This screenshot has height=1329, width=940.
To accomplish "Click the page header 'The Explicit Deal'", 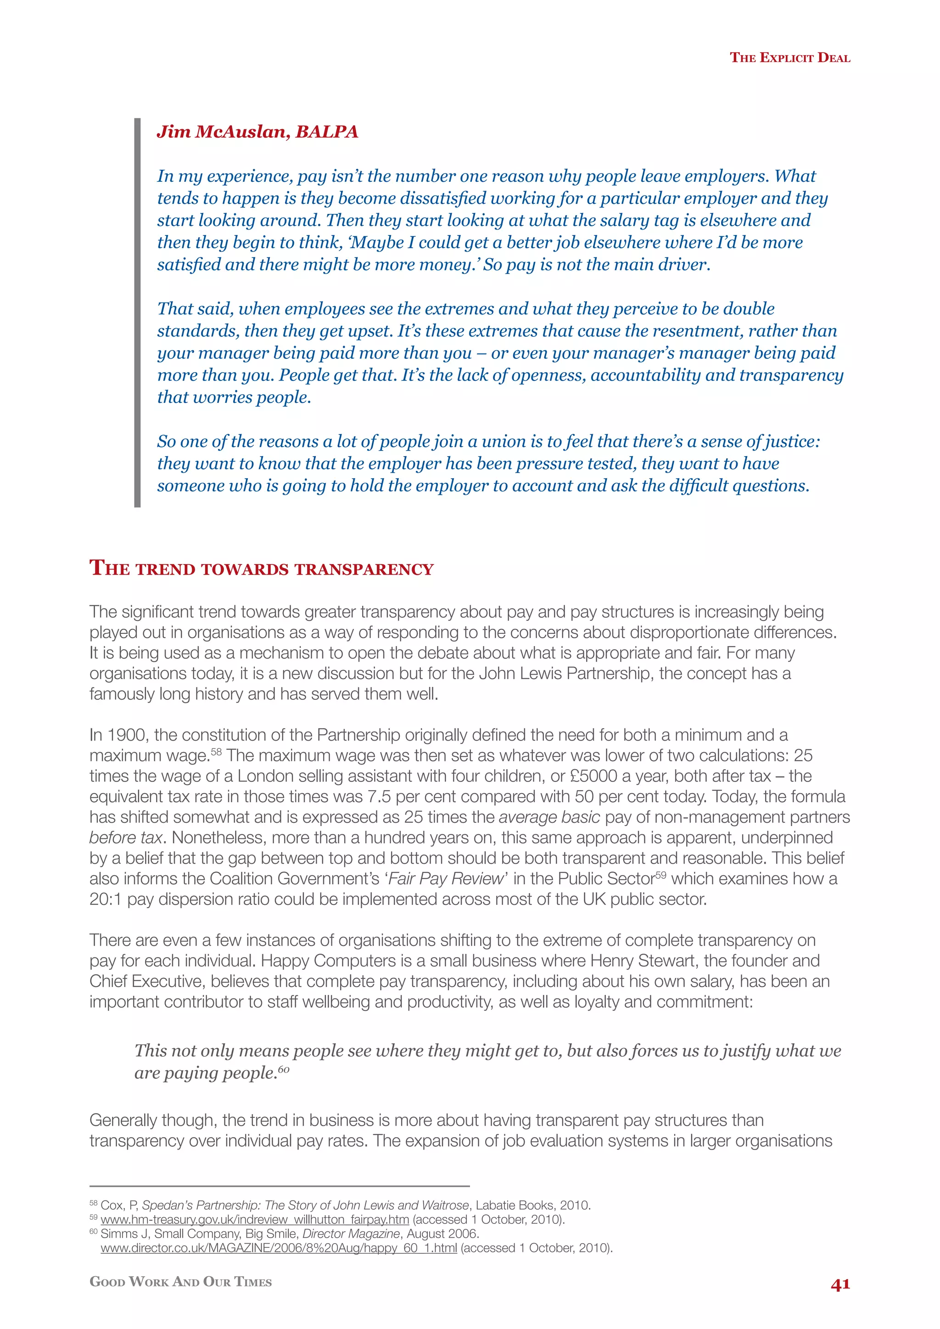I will pos(789,58).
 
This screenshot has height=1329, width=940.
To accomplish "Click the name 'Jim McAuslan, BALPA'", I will pos(257,132).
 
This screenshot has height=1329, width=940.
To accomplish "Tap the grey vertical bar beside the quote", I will pos(137,313).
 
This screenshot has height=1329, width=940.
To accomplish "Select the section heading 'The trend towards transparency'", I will pos(262,569).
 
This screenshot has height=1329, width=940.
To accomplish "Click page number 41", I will pos(840,1285).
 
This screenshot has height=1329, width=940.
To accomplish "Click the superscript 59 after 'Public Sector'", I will pos(660,875).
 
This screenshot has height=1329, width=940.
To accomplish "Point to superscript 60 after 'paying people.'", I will pos(284,1068).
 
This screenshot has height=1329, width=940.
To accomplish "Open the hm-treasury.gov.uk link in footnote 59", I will pos(255,1220).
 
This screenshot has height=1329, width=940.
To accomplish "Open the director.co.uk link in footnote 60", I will pos(279,1248).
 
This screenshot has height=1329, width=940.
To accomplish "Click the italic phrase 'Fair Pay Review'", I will pos(446,879).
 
